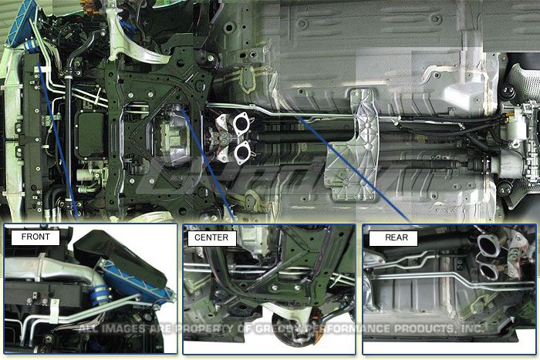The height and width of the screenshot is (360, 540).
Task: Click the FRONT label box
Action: pyautogui.click(x=35, y=237)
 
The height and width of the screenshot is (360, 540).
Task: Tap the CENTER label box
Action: pyautogui.click(x=211, y=237)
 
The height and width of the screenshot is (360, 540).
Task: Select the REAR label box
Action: pyautogui.click(x=390, y=237)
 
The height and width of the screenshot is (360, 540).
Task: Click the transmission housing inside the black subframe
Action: pyautogui.click(x=176, y=136)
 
